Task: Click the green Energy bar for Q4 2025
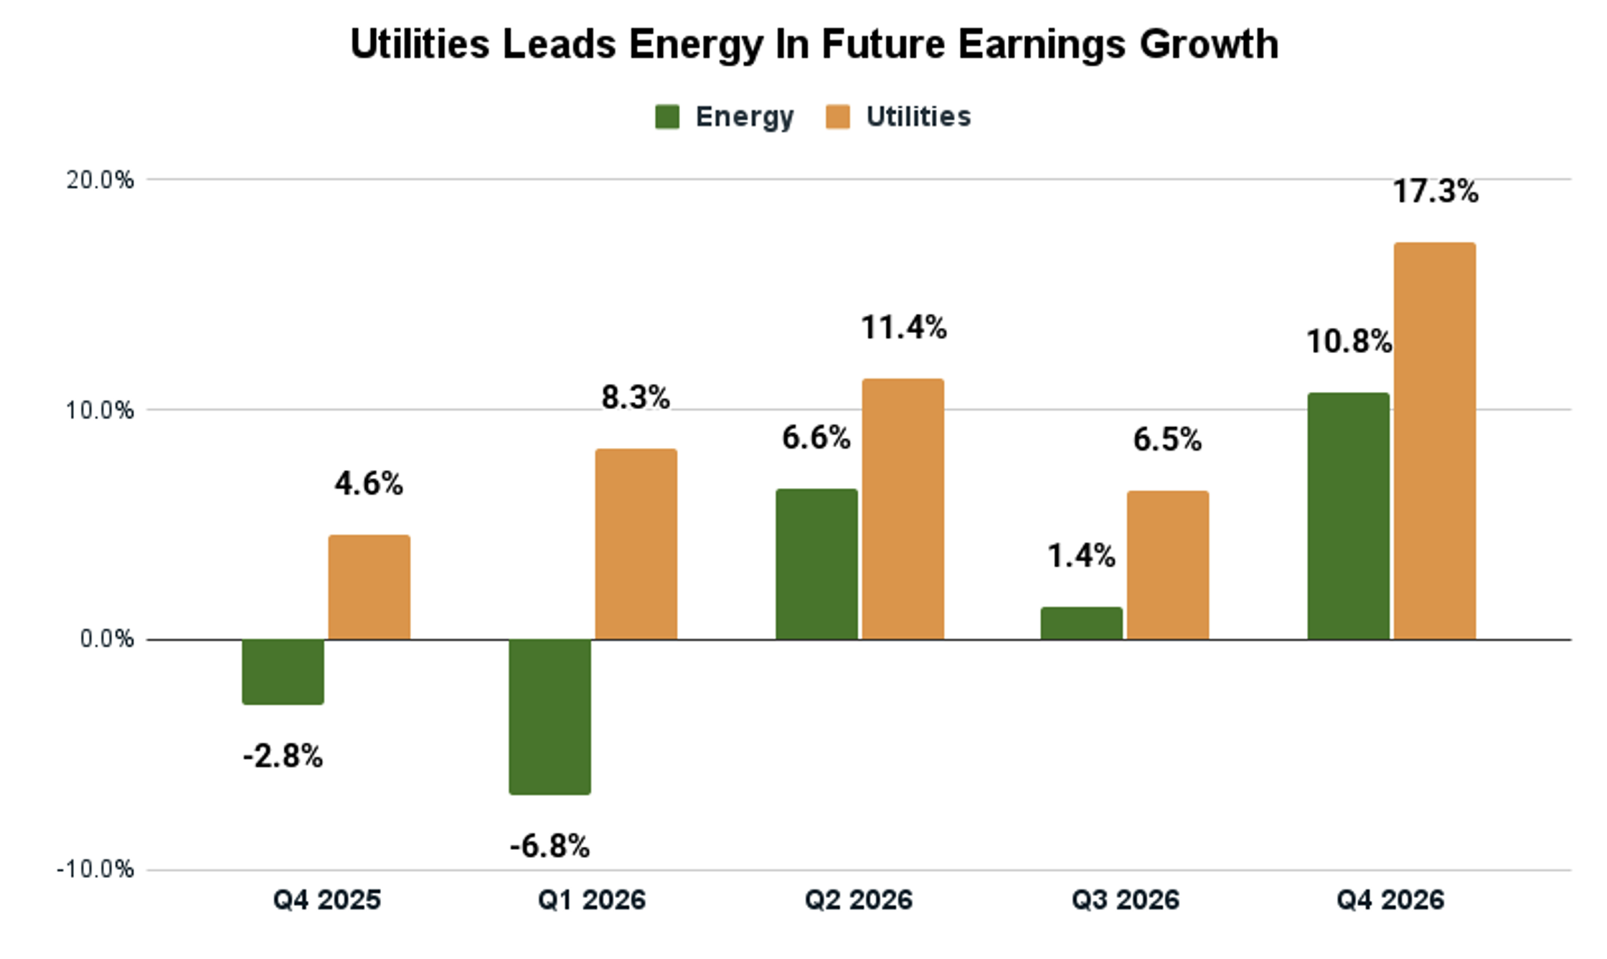click(283, 671)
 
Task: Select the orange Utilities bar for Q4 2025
click(369, 587)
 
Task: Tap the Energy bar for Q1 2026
click(550, 716)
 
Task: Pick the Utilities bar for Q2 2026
click(903, 509)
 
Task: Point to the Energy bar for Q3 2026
click(1081, 623)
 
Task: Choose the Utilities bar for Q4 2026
click(1434, 441)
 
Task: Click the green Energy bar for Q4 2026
click(1348, 516)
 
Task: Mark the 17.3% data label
click(1435, 192)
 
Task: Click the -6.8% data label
click(550, 846)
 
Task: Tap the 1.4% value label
click(1081, 556)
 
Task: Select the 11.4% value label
click(903, 328)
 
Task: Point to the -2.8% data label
click(283, 757)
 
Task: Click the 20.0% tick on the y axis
click(100, 179)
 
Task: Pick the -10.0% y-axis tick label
click(95, 870)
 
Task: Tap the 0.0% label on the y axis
click(106, 639)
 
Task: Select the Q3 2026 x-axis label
click(1125, 900)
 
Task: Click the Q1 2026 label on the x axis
click(592, 900)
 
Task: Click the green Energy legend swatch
click(667, 117)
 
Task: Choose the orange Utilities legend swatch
click(838, 117)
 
